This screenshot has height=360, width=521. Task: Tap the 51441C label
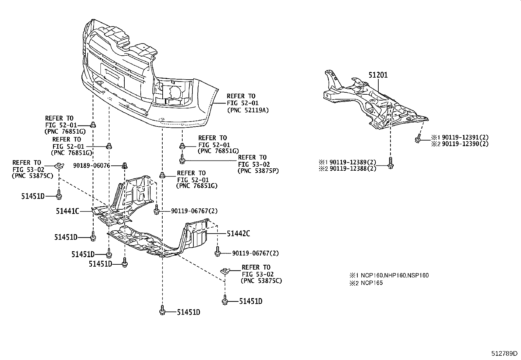pyautogui.click(x=68, y=211)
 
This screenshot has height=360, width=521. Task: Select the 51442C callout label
pyautogui.click(x=239, y=234)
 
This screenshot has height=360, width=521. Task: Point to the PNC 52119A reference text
pyautogui.click(x=248, y=110)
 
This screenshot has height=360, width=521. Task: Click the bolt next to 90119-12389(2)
pyautogui.click(x=390, y=163)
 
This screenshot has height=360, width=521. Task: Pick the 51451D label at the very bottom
pyautogui.click(x=189, y=312)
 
